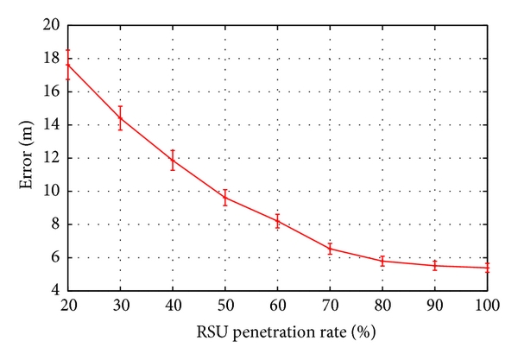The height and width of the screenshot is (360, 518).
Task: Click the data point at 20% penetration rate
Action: click(67, 65)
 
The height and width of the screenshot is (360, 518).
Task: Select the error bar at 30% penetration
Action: click(120, 117)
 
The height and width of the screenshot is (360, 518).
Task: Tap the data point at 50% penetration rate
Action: click(225, 198)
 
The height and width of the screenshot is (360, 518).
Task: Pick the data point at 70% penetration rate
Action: click(330, 249)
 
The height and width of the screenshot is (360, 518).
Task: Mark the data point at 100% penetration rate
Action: click(487, 268)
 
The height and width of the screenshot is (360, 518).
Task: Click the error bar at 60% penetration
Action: click(277, 221)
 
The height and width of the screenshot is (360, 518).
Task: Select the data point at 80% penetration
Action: click(382, 261)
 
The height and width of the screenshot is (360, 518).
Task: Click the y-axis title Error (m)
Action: click(30, 158)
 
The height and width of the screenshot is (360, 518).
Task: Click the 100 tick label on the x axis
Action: click(487, 306)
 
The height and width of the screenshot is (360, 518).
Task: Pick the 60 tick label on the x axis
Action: click(277, 306)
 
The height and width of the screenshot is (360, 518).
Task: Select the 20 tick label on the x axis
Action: click(67, 306)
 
